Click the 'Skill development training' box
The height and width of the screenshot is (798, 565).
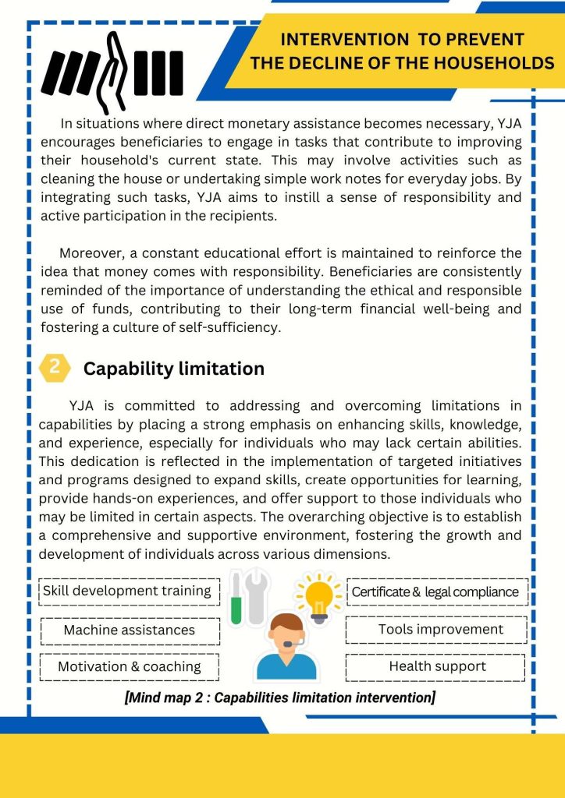pos(127,591)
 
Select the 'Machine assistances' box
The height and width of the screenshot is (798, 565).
pos(130,630)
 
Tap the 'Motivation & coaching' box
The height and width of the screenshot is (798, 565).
pos(130,667)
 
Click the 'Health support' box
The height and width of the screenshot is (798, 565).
pos(437,666)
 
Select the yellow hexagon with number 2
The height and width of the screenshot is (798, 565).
pos(55,368)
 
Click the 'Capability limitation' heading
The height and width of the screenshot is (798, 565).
pos(173,369)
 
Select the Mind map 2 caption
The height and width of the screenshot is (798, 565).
pos(279,697)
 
